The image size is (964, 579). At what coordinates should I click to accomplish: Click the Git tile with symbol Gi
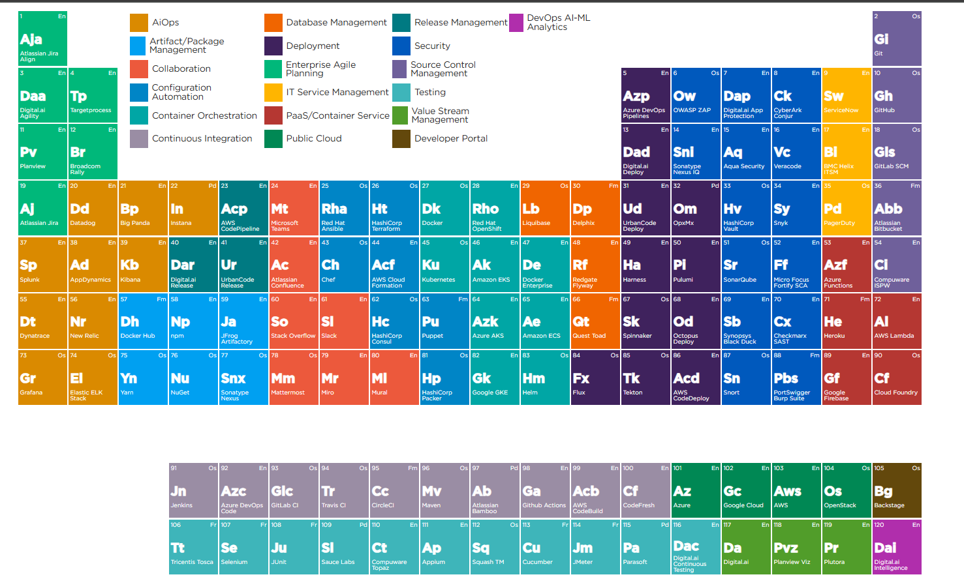click(897, 38)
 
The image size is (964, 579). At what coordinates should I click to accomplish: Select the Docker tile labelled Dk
click(444, 209)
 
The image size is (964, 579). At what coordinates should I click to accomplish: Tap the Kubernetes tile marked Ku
click(444, 265)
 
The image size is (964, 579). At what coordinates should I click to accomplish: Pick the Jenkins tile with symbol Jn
click(193, 491)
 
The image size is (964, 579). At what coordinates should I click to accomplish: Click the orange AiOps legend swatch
click(139, 23)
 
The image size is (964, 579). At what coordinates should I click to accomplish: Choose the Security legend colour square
click(401, 46)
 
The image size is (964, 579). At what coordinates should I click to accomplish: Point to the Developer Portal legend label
click(451, 138)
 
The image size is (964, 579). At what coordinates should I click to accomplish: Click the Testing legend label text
click(430, 92)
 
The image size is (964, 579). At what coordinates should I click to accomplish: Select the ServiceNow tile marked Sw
click(846, 95)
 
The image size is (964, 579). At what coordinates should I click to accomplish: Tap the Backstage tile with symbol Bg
click(897, 491)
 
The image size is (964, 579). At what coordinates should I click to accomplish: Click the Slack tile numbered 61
click(344, 321)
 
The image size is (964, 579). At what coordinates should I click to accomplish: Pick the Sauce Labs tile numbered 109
click(344, 548)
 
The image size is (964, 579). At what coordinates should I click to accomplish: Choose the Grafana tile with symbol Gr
click(42, 378)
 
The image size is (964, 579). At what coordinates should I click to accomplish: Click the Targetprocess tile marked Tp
click(93, 95)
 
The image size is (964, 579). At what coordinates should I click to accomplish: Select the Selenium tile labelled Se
click(243, 548)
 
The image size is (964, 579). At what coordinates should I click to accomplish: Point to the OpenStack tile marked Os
click(846, 491)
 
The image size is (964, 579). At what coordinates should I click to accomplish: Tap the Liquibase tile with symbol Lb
click(545, 209)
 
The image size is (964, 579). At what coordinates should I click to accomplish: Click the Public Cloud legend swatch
click(273, 139)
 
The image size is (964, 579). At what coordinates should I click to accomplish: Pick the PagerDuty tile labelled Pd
click(846, 209)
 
